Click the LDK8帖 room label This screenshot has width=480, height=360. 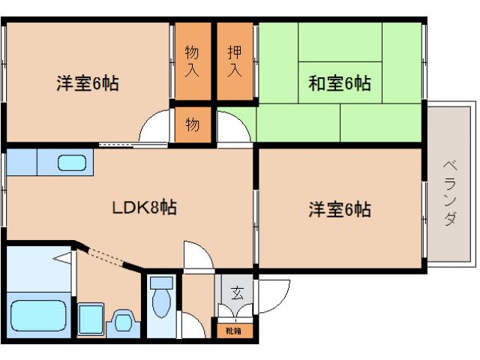pos(145,208)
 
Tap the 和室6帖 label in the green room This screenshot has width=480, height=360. pos(340,82)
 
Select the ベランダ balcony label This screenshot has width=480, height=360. pos(450,193)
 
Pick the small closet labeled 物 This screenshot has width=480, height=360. pos(193,124)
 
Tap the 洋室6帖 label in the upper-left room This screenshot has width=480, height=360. pos(87,82)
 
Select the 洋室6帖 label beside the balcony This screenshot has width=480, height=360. pos(339,209)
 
